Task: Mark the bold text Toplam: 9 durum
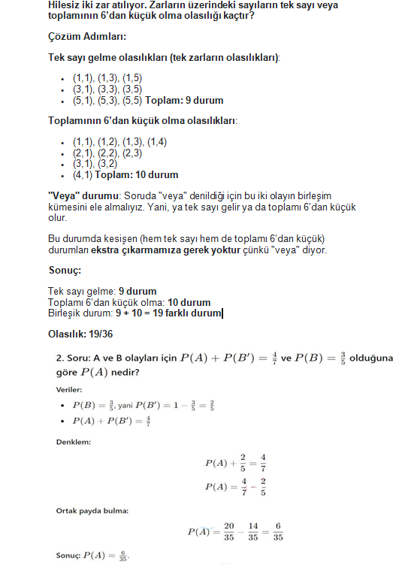click(x=184, y=100)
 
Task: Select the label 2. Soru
click(x=76, y=359)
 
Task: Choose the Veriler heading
click(x=70, y=389)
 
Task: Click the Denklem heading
click(x=74, y=442)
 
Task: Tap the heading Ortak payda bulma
click(x=92, y=511)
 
